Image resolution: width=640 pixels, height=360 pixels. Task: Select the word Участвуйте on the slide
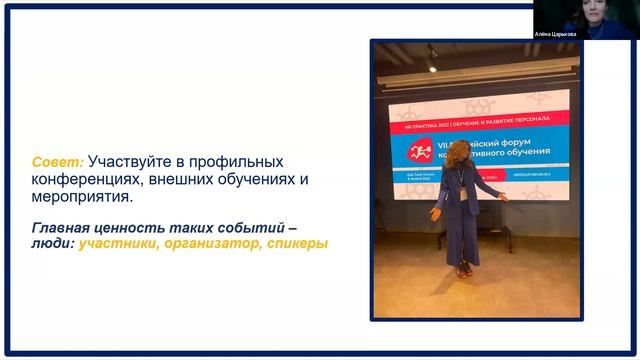click(132, 162)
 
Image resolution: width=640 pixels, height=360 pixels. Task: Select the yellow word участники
click(117, 243)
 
